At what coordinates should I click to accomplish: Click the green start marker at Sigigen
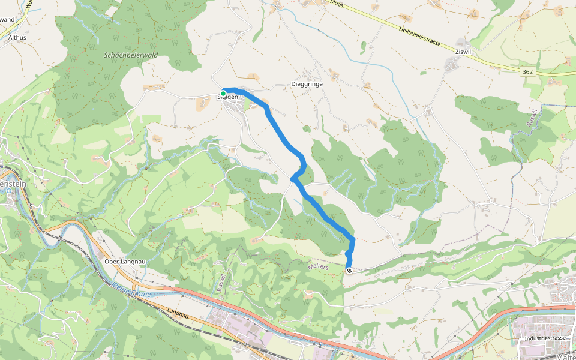223,94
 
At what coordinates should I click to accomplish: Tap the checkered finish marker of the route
349,271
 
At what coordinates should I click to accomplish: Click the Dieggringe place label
307,85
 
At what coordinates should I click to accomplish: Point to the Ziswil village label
463,52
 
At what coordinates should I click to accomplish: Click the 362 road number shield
527,71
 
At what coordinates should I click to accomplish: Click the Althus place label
18,37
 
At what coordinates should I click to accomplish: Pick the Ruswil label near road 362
532,119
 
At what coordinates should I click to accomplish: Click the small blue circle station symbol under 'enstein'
10,192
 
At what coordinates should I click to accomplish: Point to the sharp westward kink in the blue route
293,178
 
